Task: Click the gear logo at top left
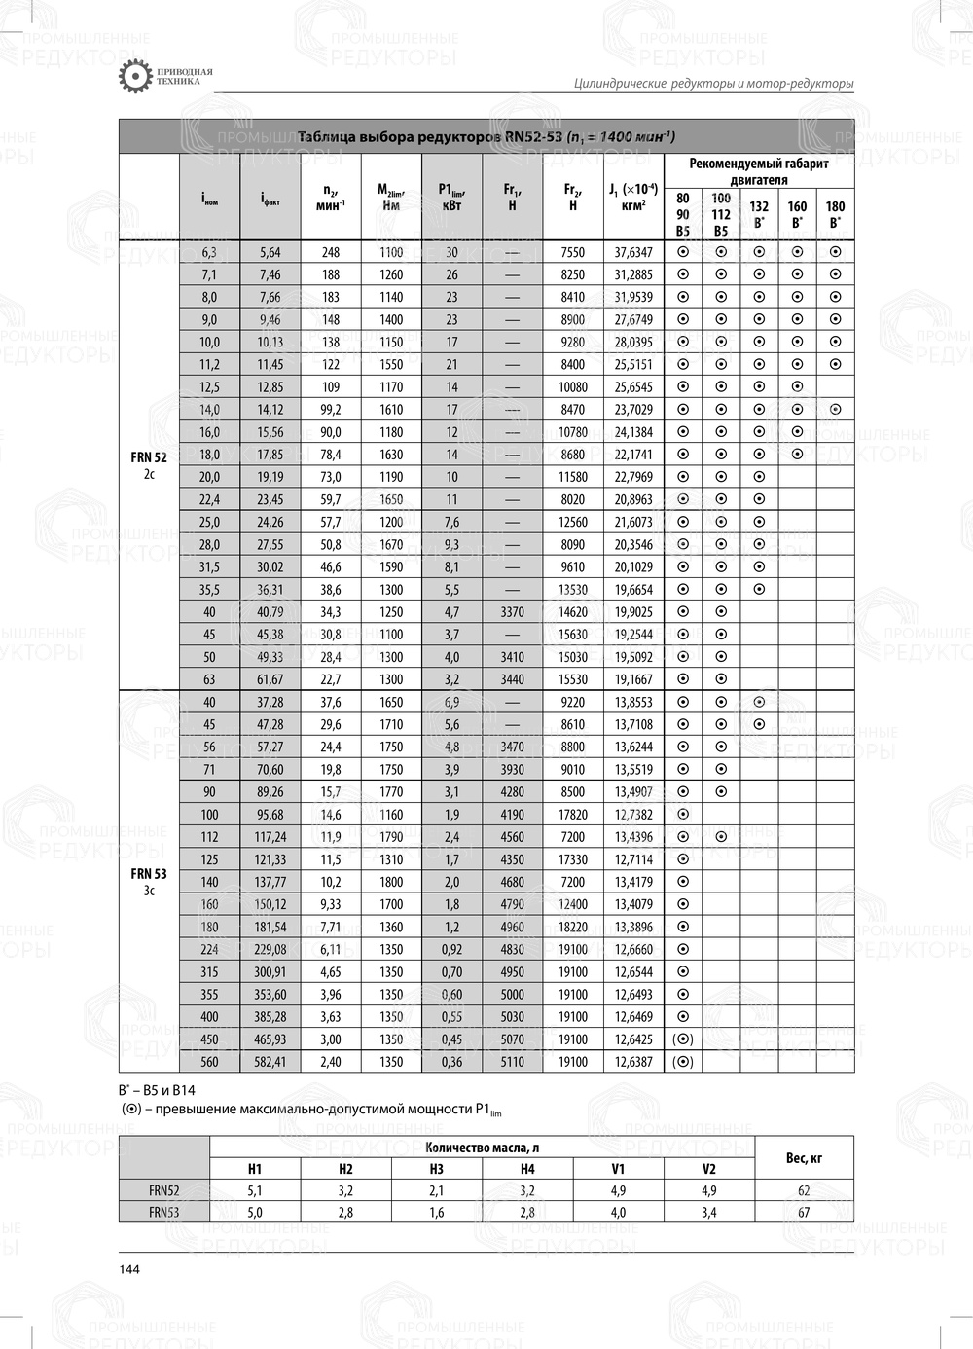click(134, 77)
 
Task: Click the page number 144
click(129, 1269)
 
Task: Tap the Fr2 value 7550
click(573, 252)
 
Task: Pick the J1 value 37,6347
click(633, 252)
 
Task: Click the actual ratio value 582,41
click(270, 1062)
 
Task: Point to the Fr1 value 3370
click(512, 612)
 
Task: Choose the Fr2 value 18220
click(573, 927)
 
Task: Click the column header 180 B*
click(835, 214)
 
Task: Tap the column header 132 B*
click(759, 214)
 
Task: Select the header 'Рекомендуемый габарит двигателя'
click(759, 171)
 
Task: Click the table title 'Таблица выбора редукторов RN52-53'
click(486, 136)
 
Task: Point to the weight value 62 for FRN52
click(804, 1190)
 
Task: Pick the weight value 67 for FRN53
click(804, 1213)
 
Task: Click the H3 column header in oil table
click(436, 1169)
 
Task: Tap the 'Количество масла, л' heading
click(482, 1148)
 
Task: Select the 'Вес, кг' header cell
click(804, 1158)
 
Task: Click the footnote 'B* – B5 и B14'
click(157, 1090)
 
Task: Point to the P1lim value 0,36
click(451, 1062)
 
